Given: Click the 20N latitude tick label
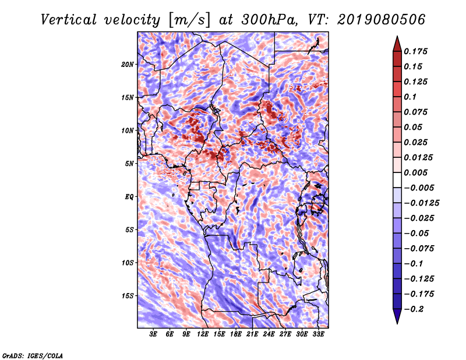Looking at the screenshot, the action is (x=128, y=65).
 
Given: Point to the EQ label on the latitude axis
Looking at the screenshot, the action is (x=129, y=197).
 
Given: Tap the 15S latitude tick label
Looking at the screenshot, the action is (x=128, y=296).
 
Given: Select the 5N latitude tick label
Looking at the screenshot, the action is (x=129, y=164).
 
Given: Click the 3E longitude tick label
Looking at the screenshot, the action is (x=153, y=334).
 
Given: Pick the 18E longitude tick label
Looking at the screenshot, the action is (x=236, y=334).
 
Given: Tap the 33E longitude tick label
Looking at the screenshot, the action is (x=318, y=334).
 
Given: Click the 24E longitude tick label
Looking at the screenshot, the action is (x=269, y=334).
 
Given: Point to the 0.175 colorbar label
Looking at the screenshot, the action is (x=415, y=51).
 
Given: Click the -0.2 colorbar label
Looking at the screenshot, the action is (x=414, y=309).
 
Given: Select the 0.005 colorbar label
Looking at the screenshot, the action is (x=415, y=172).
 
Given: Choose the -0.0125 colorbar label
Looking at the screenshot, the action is (x=421, y=203).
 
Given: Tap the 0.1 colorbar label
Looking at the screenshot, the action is (x=410, y=97).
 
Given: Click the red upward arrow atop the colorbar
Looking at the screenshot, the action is (x=397, y=44).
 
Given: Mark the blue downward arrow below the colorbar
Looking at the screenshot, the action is (x=397, y=316).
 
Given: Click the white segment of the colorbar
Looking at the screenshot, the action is (x=397, y=180).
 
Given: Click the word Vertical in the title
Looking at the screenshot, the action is (x=69, y=20).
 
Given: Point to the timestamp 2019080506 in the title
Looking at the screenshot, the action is (x=381, y=20).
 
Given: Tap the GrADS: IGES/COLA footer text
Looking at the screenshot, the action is (x=33, y=355).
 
